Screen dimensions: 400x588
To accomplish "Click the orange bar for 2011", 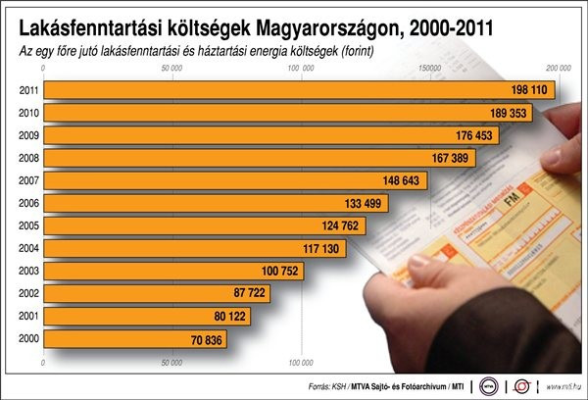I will click(x=294, y=90).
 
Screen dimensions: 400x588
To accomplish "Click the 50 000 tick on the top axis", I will click(x=171, y=69).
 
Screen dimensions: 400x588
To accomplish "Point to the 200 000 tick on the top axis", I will click(x=558, y=69).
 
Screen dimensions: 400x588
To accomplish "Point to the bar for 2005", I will click(x=196, y=225).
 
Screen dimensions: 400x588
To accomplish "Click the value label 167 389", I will click(x=472, y=158).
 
